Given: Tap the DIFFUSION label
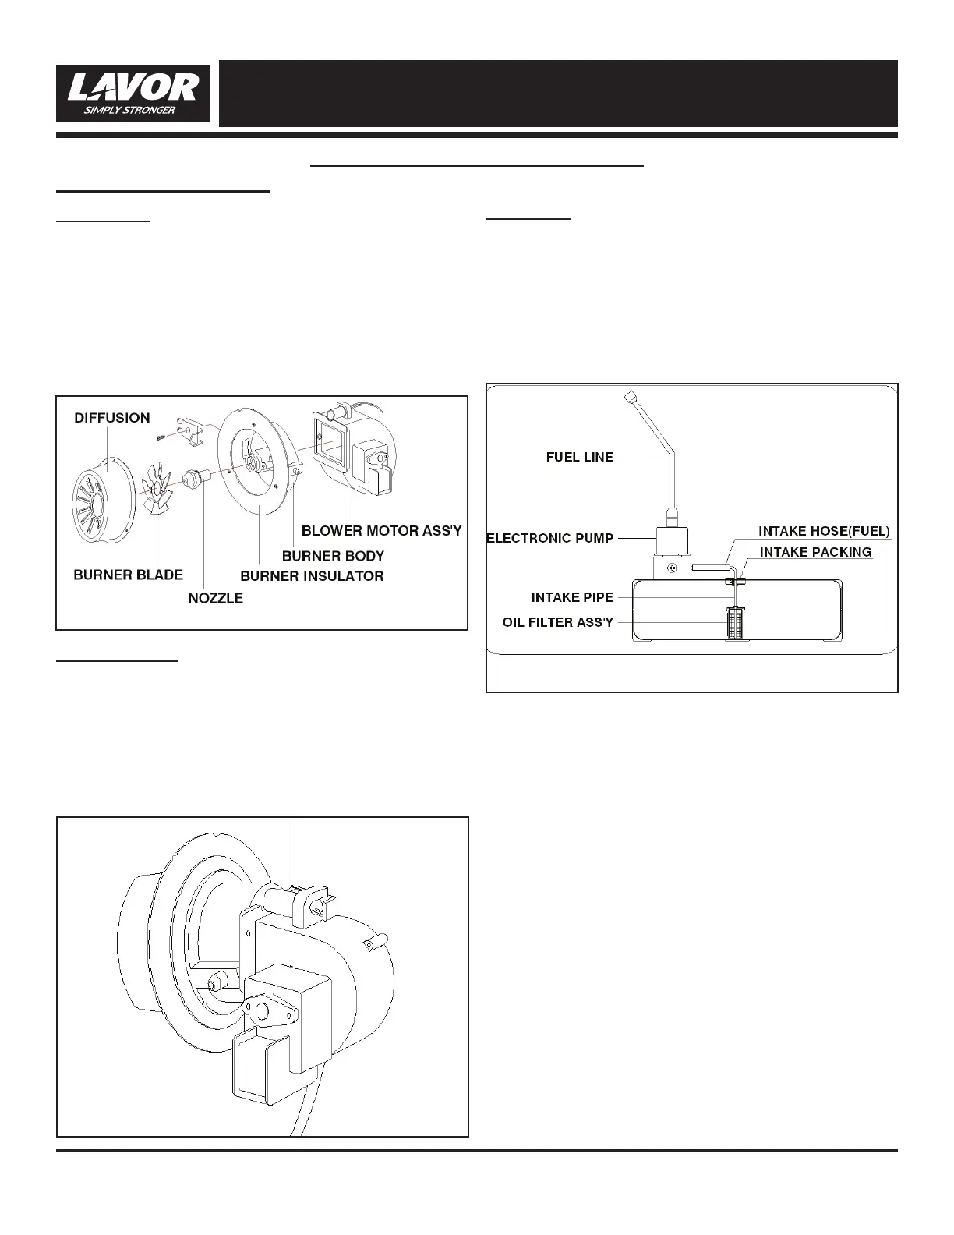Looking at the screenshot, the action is pos(112,418).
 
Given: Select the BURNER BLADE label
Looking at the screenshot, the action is pos(128,575).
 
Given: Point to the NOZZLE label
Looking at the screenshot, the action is pos(216,598).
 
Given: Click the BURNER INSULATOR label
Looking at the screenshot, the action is pos(312,576).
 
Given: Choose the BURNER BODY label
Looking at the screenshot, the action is pos(333,556).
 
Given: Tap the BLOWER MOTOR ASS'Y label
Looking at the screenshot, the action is pos(382,531).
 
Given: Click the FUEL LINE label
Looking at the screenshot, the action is pos(580,458).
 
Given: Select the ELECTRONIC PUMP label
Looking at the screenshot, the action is pos(550,538).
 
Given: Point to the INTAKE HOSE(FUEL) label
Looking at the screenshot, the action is pos(824,532).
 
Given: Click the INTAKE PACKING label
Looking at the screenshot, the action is pos(815,552).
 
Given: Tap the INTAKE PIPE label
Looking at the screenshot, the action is pos(572,597).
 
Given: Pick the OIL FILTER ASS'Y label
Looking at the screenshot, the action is pos(558,622).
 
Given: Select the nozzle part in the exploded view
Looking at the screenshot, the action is pos(194,477).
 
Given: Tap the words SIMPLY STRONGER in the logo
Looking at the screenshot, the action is pos(129,110).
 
